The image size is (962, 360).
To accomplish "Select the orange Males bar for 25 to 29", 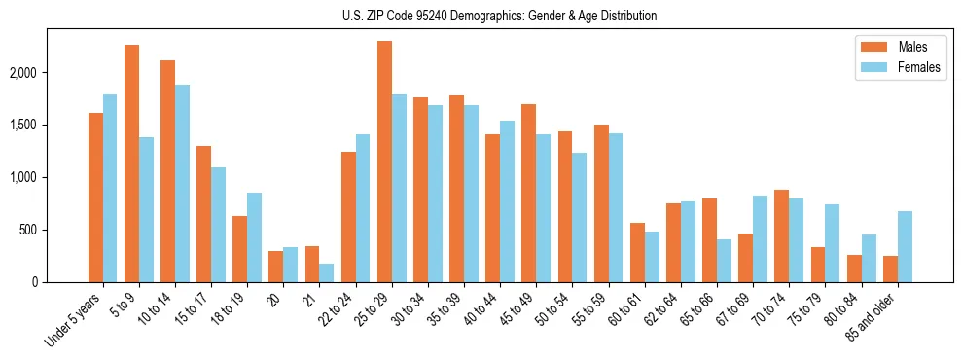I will tap(384, 162).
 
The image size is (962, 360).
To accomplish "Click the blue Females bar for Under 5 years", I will tap(110, 188).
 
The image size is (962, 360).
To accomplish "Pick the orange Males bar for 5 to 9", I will tap(131, 163).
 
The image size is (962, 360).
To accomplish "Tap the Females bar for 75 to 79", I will tap(833, 243).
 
